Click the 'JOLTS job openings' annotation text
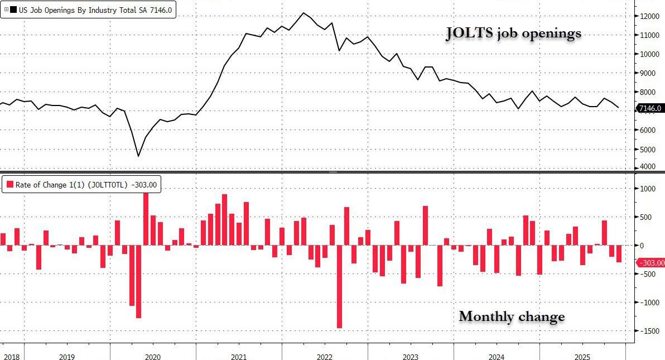(x=513, y=33)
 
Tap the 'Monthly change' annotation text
(x=512, y=316)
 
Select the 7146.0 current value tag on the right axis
(x=650, y=108)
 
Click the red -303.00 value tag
(x=650, y=263)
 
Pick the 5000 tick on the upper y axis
(x=648, y=149)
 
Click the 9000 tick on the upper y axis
(x=648, y=73)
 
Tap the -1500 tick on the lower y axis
(x=649, y=331)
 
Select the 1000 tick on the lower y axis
(x=649, y=189)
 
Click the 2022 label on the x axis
(x=324, y=356)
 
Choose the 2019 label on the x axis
(x=66, y=356)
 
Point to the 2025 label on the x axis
(x=582, y=356)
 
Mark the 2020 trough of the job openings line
(x=138, y=156)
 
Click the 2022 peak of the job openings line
(x=303, y=13)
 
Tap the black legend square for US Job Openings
(x=13, y=9)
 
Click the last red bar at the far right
(x=619, y=253)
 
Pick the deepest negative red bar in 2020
(x=138, y=281)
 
